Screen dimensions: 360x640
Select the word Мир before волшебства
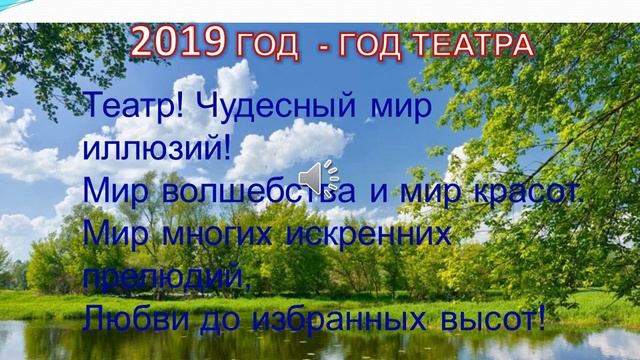119,190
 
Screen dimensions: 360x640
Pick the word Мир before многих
119,234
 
